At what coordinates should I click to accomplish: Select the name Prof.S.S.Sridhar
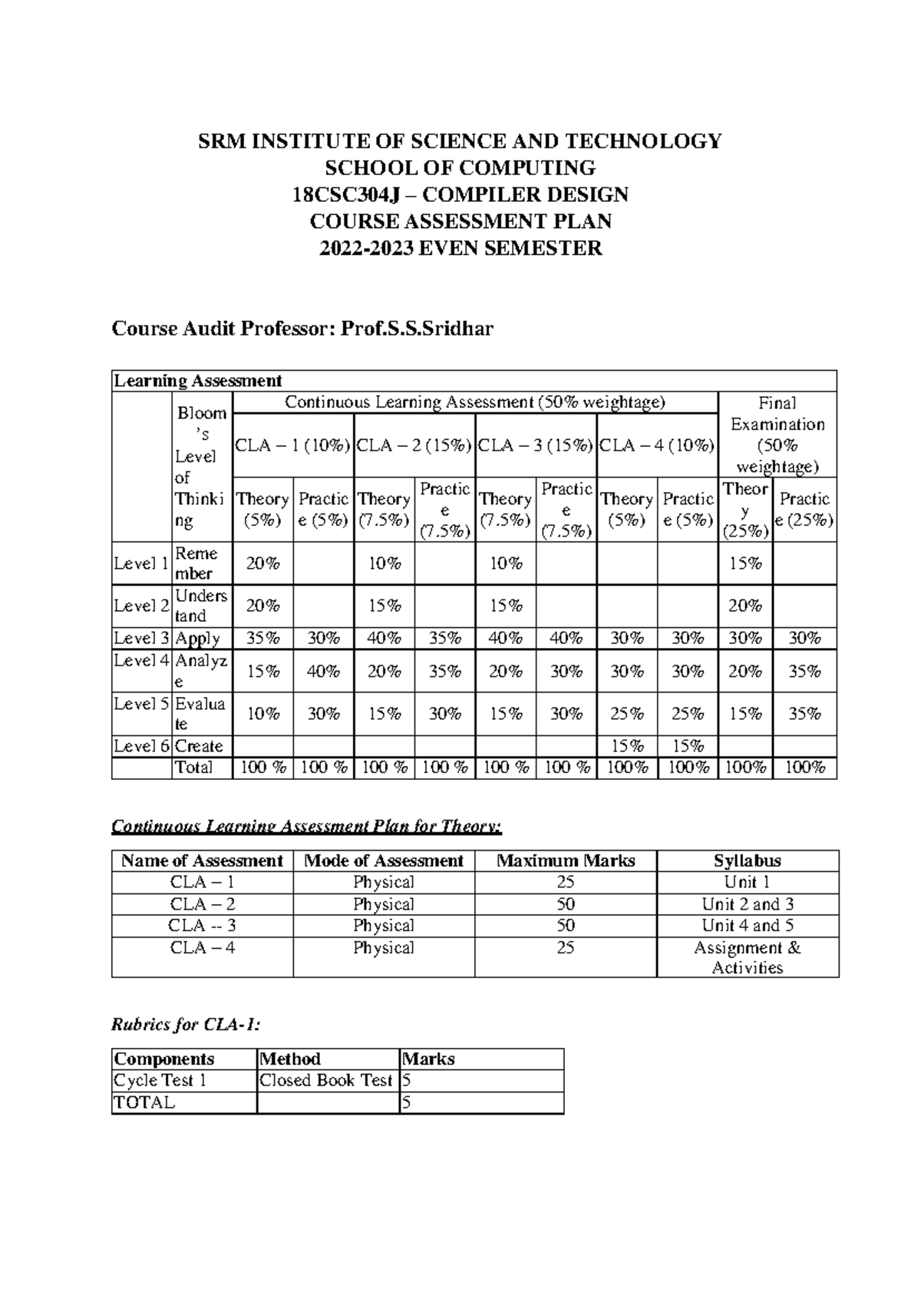(417, 329)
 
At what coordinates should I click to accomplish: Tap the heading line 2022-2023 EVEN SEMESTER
(460, 249)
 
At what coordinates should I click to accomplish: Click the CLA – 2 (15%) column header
(414, 446)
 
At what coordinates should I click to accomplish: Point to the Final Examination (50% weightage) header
(777, 435)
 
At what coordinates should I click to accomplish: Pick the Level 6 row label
(141, 746)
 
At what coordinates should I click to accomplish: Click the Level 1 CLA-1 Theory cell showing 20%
(262, 563)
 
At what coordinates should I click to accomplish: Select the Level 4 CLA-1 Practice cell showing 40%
(323, 672)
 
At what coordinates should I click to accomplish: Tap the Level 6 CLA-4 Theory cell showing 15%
(627, 746)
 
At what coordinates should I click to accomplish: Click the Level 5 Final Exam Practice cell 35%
(804, 714)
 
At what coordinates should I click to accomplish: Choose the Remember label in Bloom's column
(196, 563)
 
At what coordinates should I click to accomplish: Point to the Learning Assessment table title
(198, 381)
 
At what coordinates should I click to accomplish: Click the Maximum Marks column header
(566, 861)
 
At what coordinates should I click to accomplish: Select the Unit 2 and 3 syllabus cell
(748, 904)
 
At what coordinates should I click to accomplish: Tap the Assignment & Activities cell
(748, 957)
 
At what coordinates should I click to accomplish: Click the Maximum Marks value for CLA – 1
(566, 882)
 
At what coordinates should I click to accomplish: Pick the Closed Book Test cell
(327, 1081)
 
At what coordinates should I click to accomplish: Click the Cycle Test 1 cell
(160, 1081)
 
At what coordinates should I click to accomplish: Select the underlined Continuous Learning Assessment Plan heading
(307, 827)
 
